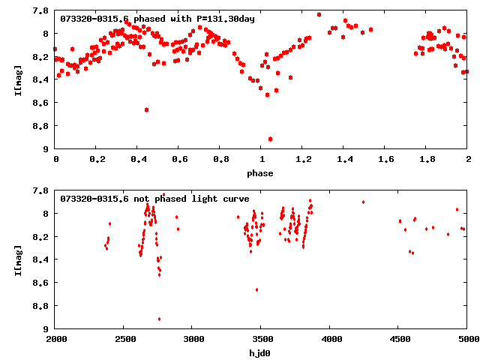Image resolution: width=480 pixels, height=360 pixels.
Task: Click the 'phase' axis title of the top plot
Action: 261,173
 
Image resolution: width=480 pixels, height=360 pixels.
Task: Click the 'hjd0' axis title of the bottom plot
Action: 261,353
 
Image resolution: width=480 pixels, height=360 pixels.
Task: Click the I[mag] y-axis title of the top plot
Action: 19,80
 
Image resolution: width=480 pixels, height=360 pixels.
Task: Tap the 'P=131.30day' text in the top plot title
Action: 223,19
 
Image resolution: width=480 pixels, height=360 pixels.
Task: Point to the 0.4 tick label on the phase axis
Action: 138,160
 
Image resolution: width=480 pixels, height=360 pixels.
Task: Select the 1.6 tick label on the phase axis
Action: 385,160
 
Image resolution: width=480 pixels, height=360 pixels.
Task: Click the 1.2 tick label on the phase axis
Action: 303,160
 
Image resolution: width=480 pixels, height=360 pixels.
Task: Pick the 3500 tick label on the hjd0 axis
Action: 261,340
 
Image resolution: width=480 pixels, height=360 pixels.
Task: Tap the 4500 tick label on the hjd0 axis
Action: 399,340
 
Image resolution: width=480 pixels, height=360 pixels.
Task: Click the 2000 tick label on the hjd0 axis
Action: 55,340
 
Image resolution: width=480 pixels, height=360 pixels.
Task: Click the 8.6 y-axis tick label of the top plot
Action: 42,103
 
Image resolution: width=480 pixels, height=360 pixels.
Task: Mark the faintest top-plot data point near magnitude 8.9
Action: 270,139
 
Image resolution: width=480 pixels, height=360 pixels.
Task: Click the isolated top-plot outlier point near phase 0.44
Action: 146,109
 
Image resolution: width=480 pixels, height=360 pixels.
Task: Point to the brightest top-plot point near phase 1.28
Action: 319,14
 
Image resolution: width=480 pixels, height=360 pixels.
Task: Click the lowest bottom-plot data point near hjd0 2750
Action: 159,319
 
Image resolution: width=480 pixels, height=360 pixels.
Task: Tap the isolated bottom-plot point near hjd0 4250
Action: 363,202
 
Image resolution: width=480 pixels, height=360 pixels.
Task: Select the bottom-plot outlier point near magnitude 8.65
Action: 256,289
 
